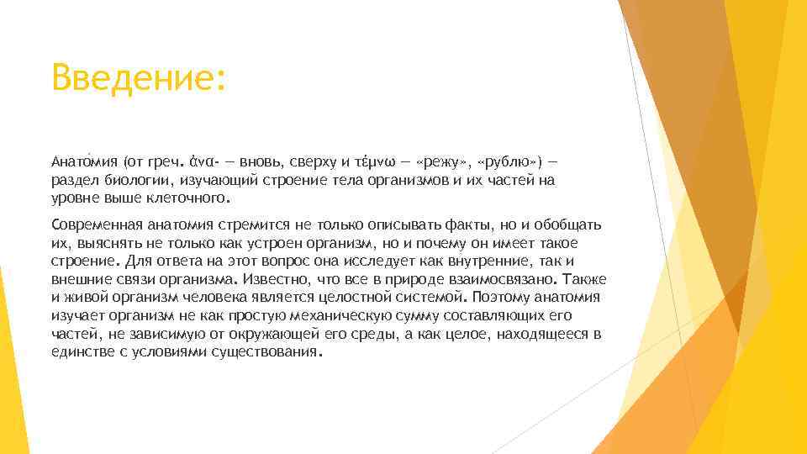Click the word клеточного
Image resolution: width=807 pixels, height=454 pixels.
point(190,199)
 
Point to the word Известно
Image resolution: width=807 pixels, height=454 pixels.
point(282,279)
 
